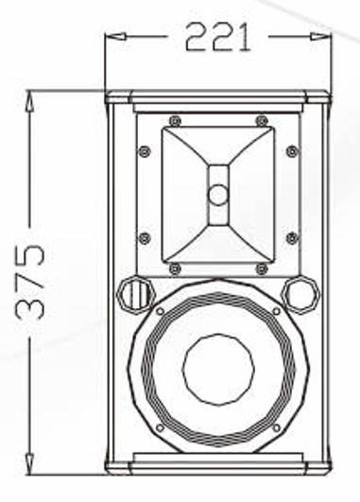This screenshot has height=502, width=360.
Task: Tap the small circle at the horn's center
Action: point(218,196)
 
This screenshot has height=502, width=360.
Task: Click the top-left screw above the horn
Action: point(175,120)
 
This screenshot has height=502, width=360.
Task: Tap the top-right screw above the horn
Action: point(262,120)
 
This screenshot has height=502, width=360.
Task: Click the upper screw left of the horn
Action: point(145,151)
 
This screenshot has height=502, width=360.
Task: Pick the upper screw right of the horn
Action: point(292,151)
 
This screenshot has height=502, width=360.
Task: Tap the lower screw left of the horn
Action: point(145,237)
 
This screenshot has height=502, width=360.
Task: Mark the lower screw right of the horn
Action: point(292,237)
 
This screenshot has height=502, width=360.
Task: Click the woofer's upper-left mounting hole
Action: point(162,311)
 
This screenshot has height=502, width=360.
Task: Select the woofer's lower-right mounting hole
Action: point(276,426)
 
